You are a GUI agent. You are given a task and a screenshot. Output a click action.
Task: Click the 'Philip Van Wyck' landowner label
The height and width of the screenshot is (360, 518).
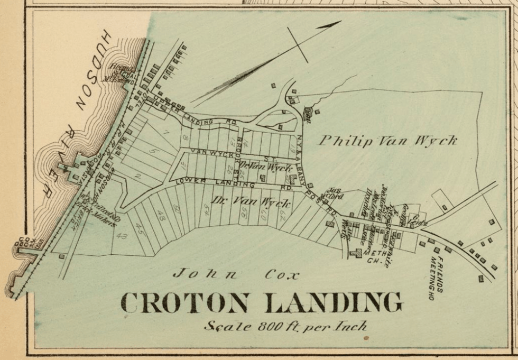(388, 141)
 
